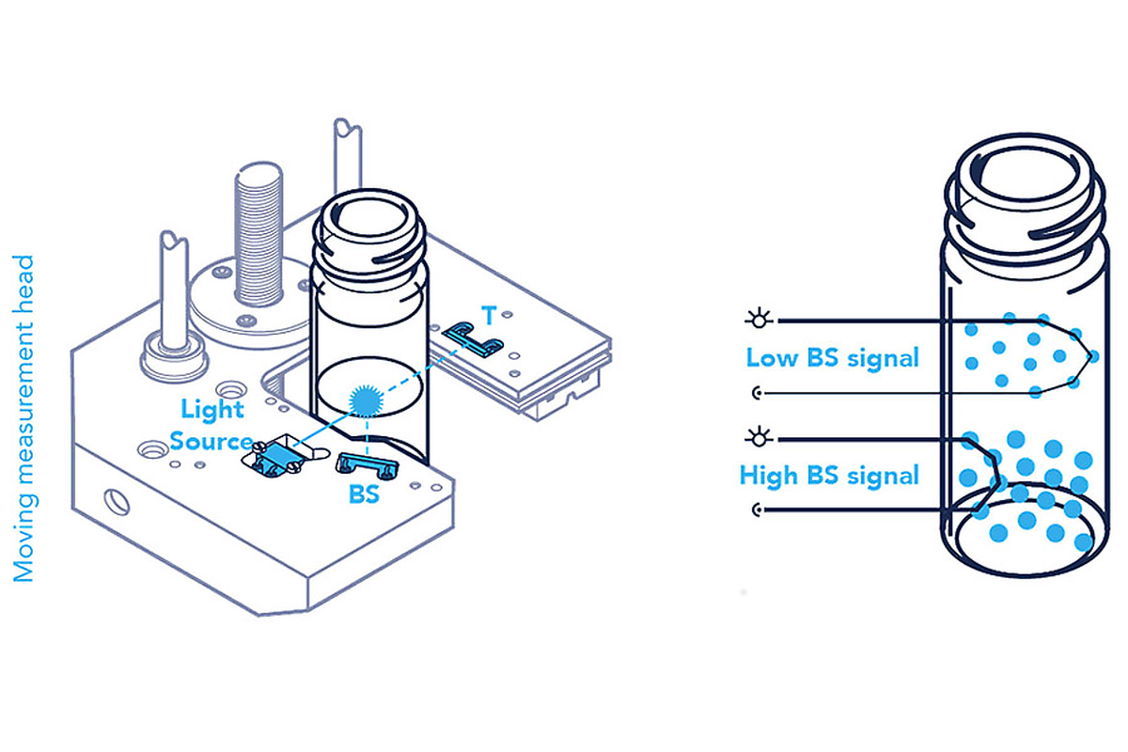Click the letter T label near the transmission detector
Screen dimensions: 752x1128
tap(488, 311)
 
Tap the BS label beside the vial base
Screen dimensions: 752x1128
tap(364, 493)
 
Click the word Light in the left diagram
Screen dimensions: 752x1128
tap(212, 409)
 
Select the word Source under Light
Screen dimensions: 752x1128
tap(211, 440)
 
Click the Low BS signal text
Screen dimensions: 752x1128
tap(832, 357)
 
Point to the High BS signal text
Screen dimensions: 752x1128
tap(829, 476)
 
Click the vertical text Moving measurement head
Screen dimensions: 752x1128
tap(24, 418)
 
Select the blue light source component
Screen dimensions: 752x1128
tap(277, 457)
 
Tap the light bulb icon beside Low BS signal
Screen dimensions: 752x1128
tap(760, 320)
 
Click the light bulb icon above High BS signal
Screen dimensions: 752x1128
tap(760, 437)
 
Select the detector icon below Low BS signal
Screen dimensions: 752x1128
tap(760, 392)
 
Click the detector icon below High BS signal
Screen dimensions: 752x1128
tap(760, 510)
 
